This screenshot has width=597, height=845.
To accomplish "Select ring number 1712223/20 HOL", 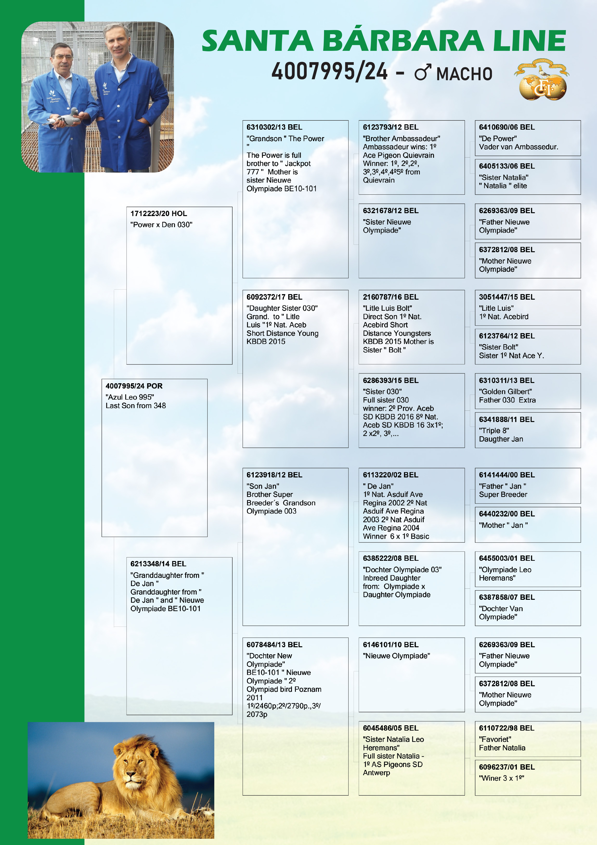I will pyautogui.click(x=159, y=213).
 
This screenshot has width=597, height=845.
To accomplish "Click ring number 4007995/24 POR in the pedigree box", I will pyautogui.click(x=134, y=386).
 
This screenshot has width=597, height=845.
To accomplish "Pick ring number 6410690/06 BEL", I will pyautogui.click(x=506, y=127).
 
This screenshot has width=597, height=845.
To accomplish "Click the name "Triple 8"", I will pyautogui.click(x=494, y=431).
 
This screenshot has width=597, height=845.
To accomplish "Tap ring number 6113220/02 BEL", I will pyautogui.click(x=390, y=475).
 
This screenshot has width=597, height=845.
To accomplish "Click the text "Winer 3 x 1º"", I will pyautogui.click(x=501, y=778).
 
